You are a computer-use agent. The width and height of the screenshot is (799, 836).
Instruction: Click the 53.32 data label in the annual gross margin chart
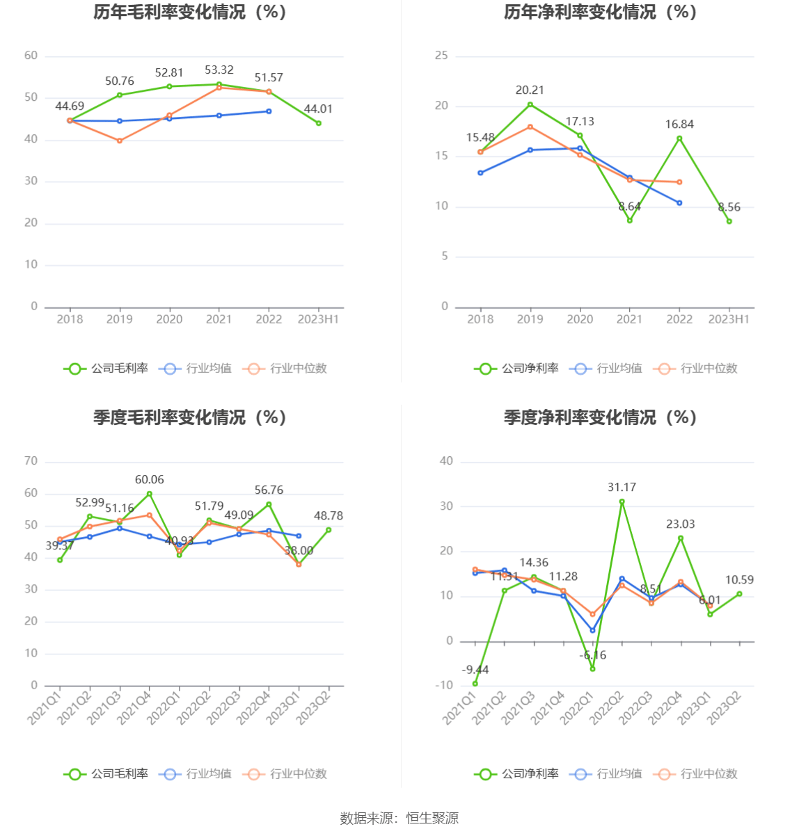219,70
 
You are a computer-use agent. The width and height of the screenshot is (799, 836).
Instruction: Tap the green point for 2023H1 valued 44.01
319,123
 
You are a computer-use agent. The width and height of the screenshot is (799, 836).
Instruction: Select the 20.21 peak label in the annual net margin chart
530,90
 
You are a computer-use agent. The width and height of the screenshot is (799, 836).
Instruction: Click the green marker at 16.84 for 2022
679,138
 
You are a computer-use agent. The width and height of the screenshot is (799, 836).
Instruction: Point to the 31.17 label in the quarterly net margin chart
622,488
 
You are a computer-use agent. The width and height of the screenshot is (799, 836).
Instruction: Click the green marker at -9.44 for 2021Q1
475,684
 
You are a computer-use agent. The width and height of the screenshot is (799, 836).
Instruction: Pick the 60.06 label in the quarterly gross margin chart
150,480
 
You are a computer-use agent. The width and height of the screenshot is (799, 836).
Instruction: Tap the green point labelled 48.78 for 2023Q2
329,530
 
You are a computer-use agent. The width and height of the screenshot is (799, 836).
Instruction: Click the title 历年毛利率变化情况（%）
190,13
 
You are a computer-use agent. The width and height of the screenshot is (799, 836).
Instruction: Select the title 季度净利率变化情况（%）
600,417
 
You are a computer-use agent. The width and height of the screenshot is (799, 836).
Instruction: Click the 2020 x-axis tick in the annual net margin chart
580,319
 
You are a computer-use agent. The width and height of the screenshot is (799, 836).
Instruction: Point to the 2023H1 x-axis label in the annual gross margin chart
318,319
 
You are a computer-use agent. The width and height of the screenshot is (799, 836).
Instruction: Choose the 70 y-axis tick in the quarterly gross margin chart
31,461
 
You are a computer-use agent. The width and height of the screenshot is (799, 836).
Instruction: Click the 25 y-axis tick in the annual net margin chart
441,56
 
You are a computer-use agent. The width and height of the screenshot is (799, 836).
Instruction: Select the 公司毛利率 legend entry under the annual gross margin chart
106,369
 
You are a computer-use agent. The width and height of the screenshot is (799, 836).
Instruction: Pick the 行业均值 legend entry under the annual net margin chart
606,369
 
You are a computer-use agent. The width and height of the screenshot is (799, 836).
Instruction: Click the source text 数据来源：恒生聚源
399,819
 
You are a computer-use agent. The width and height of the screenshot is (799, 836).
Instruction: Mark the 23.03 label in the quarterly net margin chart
680,524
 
